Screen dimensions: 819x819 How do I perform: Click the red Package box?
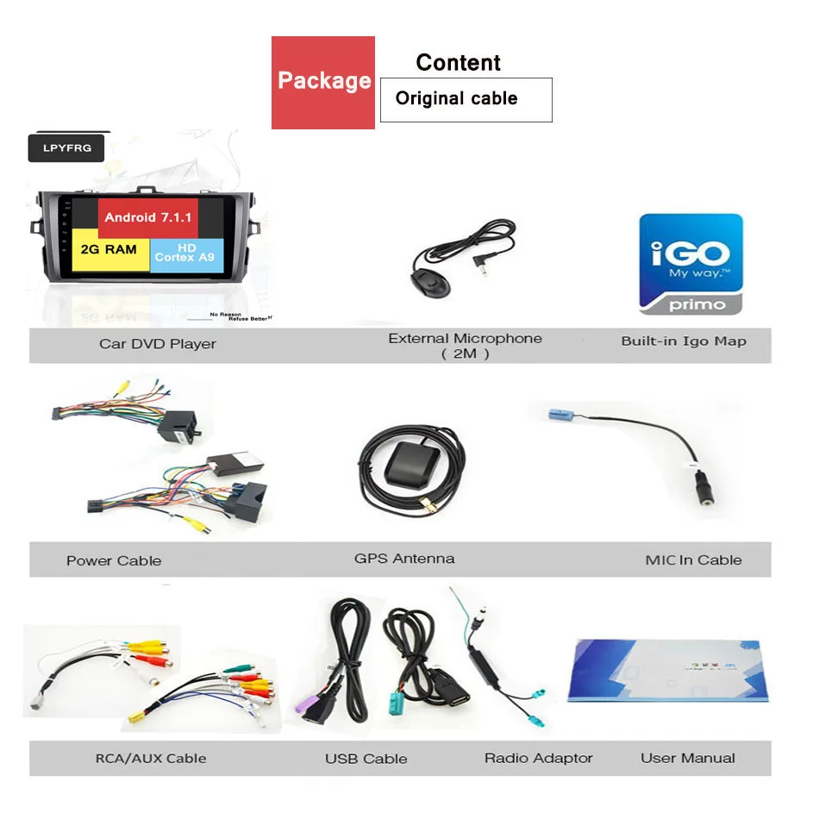(323, 83)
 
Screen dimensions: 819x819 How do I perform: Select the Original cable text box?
(466, 99)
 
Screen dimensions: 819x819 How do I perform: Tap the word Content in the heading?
(458, 63)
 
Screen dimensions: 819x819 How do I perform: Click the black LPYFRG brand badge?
(66, 148)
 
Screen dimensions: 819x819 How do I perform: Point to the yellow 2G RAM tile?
(109, 250)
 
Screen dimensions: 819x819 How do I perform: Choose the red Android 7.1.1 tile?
(148, 217)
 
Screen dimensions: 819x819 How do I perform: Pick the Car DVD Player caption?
(157, 344)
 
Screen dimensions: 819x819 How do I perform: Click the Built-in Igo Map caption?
(684, 341)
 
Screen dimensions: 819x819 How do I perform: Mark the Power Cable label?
(114, 560)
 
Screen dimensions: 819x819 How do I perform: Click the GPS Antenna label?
(404, 559)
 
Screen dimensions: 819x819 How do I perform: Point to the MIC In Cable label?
(693, 560)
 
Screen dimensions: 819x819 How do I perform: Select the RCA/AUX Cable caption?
(151, 759)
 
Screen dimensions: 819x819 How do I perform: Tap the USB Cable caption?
(366, 759)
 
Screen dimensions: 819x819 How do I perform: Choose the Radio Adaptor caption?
(539, 759)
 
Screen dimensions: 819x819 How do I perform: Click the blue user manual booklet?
(666, 671)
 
